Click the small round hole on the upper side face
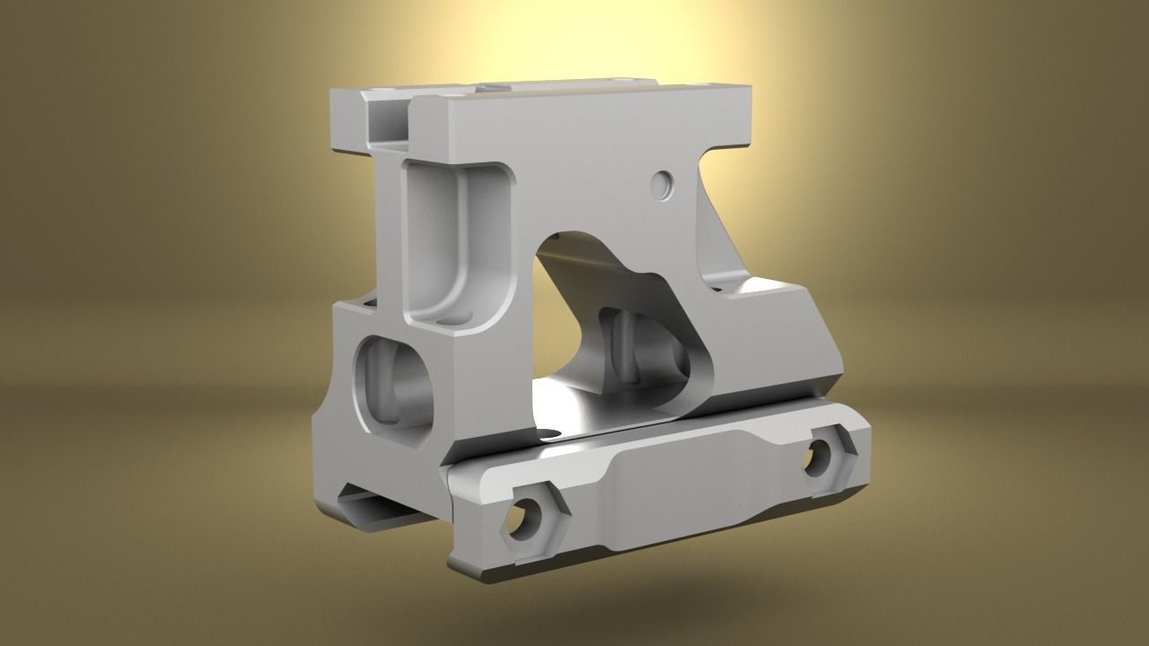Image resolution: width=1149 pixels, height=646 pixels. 663,185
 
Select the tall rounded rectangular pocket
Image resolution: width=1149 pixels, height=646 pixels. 457,242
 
